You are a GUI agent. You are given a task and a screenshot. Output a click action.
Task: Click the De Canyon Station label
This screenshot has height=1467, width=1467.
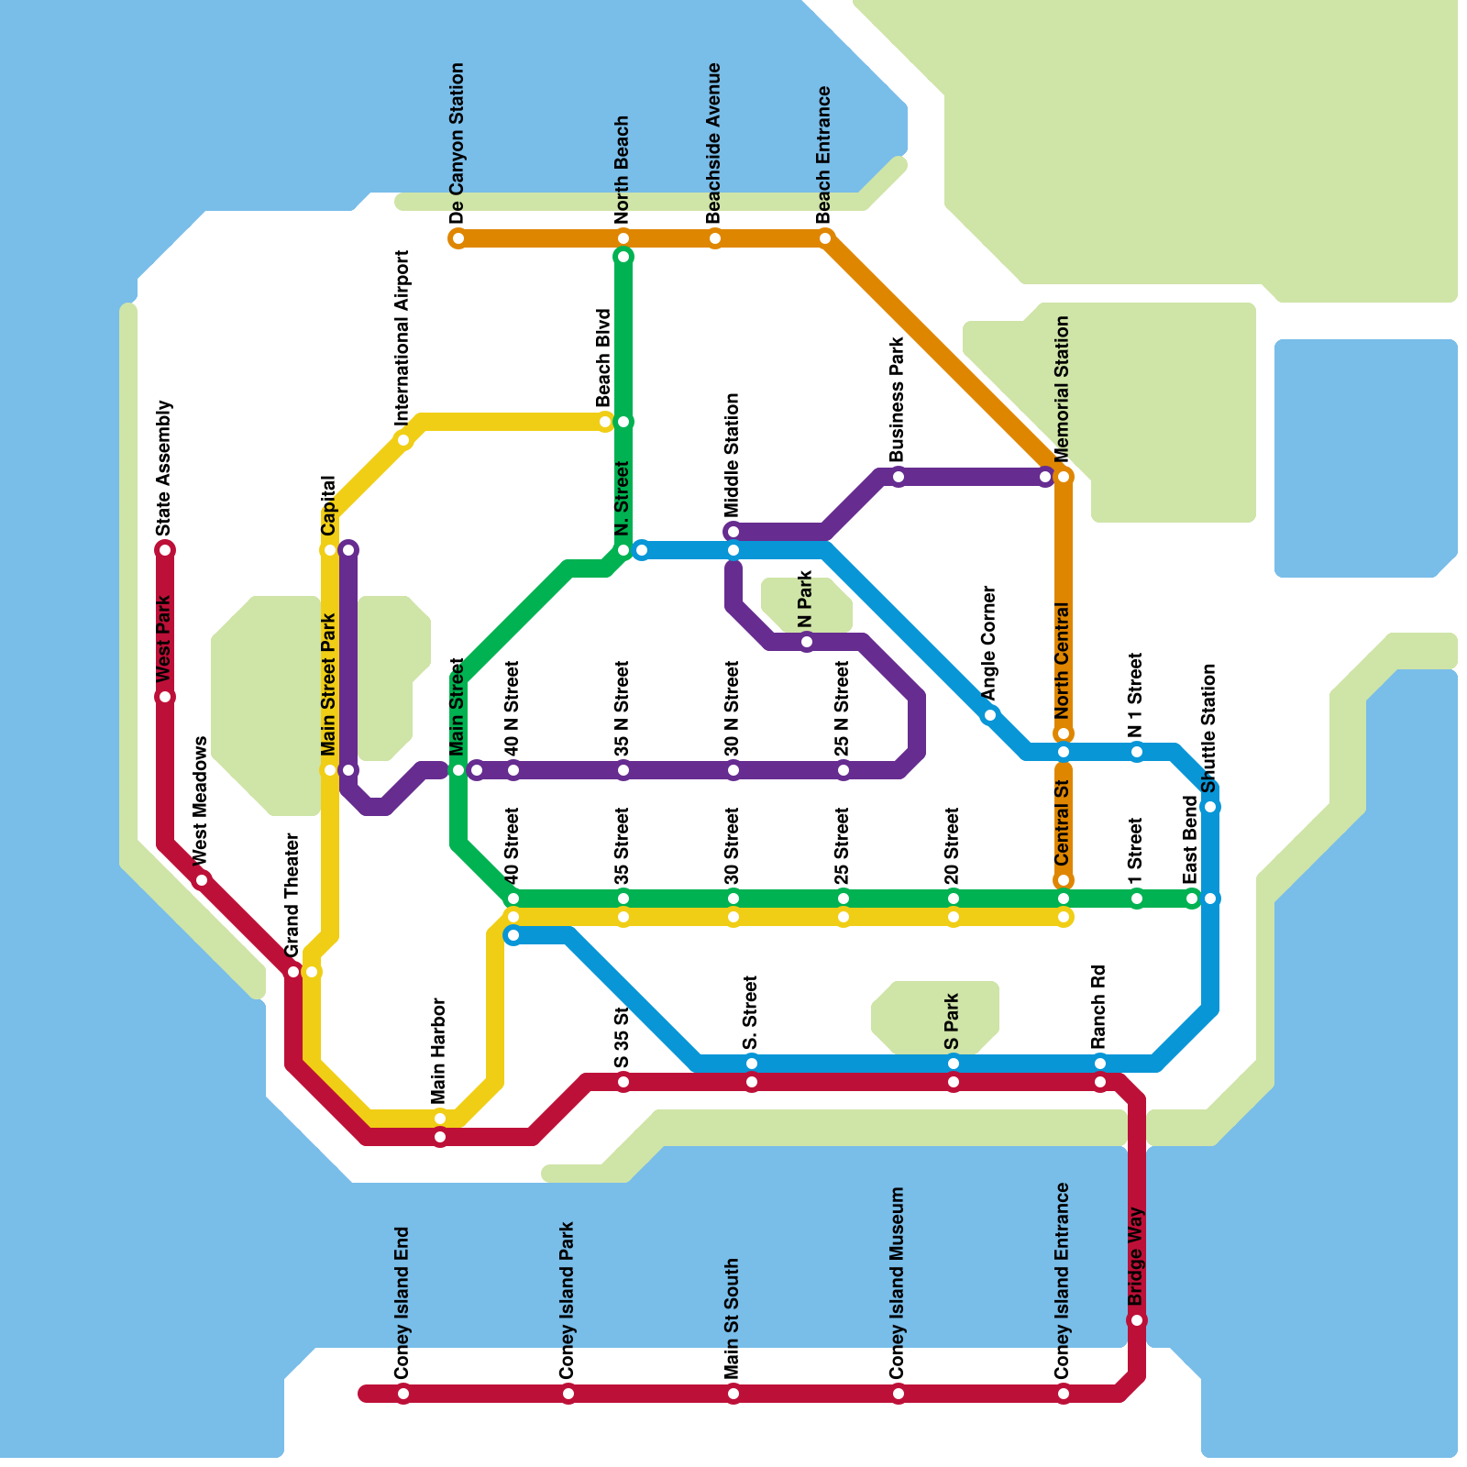[458, 143]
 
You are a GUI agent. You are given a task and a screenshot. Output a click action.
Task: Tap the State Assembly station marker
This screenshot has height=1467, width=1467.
[165, 550]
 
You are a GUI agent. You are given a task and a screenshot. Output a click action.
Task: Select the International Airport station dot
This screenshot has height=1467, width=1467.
[403, 440]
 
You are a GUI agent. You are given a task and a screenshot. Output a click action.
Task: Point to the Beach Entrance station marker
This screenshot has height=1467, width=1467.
[825, 238]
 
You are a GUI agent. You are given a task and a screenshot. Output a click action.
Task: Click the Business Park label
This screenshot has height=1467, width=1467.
[898, 400]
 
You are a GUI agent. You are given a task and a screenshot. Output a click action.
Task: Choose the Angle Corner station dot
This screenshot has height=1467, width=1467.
[989, 715]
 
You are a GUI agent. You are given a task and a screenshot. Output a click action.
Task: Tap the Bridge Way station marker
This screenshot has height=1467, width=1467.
[1137, 1320]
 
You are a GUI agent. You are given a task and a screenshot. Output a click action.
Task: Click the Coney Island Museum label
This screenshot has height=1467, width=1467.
[898, 1283]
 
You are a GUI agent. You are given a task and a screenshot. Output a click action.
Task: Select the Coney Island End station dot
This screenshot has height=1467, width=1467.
[403, 1395]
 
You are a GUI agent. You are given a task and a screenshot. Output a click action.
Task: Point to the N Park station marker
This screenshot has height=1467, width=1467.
[807, 642]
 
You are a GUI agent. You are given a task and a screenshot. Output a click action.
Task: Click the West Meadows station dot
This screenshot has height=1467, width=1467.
[202, 880]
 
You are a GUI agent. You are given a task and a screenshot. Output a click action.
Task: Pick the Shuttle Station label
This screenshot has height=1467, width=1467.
[1209, 728]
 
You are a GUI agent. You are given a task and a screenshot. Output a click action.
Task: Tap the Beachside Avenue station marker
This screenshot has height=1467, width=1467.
[715, 238]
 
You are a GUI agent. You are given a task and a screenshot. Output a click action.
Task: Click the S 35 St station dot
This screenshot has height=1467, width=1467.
[623, 1082]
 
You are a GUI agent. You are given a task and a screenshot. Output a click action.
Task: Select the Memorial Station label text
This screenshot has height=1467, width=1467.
[1063, 389]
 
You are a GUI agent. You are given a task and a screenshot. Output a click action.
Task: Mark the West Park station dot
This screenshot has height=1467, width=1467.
[165, 697]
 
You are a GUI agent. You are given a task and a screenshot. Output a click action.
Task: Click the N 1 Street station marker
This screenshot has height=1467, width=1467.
[1137, 752]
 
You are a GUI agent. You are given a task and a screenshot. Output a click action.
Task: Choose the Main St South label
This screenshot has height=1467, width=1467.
[733, 1318]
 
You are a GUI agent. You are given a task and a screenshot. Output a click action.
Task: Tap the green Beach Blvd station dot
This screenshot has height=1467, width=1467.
[623, 422]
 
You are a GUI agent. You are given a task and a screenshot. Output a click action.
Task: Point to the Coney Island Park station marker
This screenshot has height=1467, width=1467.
[568, 1395]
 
